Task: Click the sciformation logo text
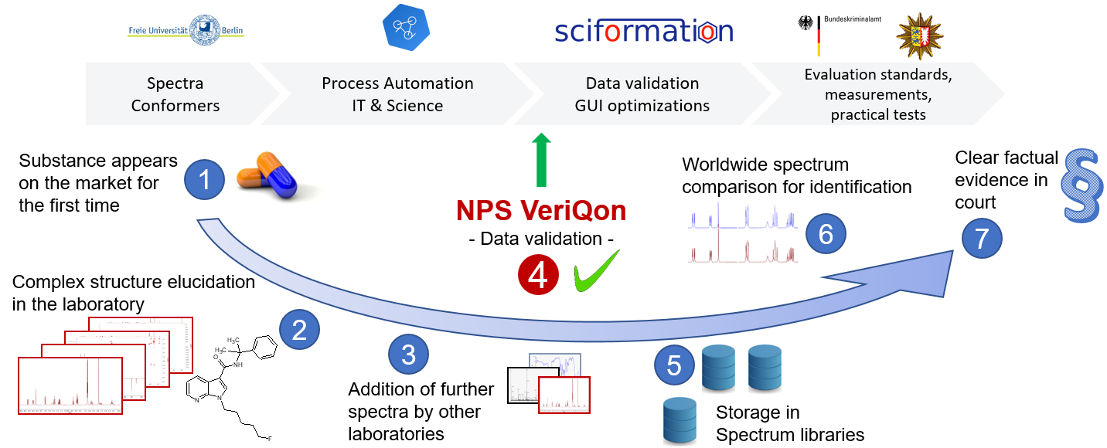[643, 32]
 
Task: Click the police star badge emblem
[920, 35]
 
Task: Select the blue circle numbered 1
[205, 180]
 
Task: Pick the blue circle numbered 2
[299, 330]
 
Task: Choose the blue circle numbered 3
[408, 354]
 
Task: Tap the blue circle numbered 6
[826, 233]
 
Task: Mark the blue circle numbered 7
[982, 239]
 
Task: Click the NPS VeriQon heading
[541, 211]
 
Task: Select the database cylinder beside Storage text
[680, 420]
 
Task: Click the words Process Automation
[397, 83]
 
